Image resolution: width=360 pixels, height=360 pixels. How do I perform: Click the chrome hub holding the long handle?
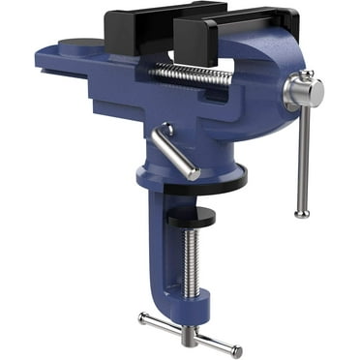[302, 93]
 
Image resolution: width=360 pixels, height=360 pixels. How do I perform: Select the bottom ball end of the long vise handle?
[302, 211]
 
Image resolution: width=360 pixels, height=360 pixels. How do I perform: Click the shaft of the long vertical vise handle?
[303, 155]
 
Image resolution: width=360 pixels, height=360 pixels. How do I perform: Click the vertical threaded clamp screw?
[192, 261]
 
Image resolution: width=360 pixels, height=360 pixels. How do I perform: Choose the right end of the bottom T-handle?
[237, 351]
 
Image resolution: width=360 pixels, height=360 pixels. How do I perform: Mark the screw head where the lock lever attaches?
[165, 129]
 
